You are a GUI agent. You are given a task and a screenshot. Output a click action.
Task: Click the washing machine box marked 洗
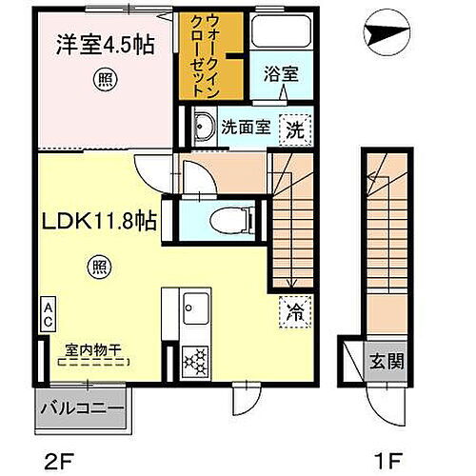pos(298,129)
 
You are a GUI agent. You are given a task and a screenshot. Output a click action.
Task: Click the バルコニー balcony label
pos(81,409)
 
